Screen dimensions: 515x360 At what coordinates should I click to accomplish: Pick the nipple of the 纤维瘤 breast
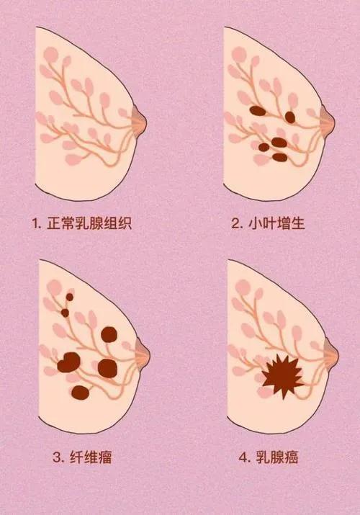tap(141, 352)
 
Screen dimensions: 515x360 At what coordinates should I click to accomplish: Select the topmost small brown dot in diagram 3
tap(70, 296)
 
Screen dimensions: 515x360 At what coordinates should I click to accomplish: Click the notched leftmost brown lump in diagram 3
tap(68, 362)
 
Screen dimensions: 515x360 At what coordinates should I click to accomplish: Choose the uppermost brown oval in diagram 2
tap(256, 111)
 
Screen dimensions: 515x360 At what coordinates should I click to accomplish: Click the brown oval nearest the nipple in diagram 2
tap(289, 117)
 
